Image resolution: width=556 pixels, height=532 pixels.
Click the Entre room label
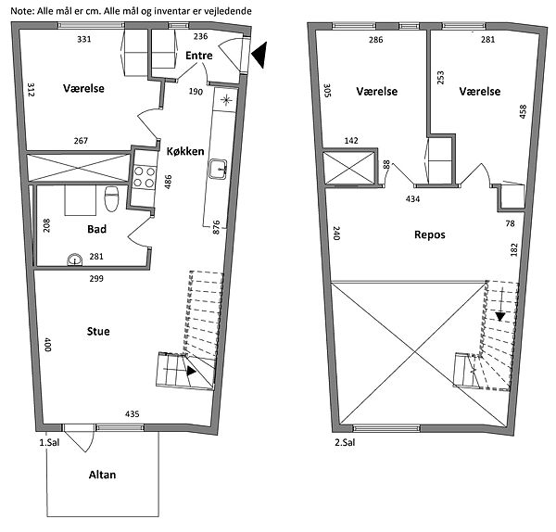199,56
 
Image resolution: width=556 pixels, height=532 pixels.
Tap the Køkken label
185,151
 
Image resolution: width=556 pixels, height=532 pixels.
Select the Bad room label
96,229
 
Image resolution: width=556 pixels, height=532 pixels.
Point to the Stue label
98,331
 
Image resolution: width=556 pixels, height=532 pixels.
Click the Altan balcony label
102,475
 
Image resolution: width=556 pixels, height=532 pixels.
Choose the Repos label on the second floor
430,234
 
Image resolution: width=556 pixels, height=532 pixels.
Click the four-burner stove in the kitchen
145,177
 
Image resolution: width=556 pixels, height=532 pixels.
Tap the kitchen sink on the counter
218,169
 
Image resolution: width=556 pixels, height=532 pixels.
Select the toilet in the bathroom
111,198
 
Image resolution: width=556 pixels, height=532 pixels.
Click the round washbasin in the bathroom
75,260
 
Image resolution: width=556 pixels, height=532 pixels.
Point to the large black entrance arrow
259,55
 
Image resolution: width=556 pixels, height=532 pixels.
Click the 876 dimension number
216,227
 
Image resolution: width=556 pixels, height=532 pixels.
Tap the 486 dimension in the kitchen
168,182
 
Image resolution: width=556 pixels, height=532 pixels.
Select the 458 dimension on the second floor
523,111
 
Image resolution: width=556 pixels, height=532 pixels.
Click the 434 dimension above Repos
412,199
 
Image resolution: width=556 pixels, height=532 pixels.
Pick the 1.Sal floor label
49,442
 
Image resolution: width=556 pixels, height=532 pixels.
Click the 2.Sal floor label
345,442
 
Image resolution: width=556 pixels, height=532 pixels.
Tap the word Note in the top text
22,11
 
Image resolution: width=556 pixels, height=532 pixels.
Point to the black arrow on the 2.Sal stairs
500,316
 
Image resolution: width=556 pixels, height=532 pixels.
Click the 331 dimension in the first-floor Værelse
84,39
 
